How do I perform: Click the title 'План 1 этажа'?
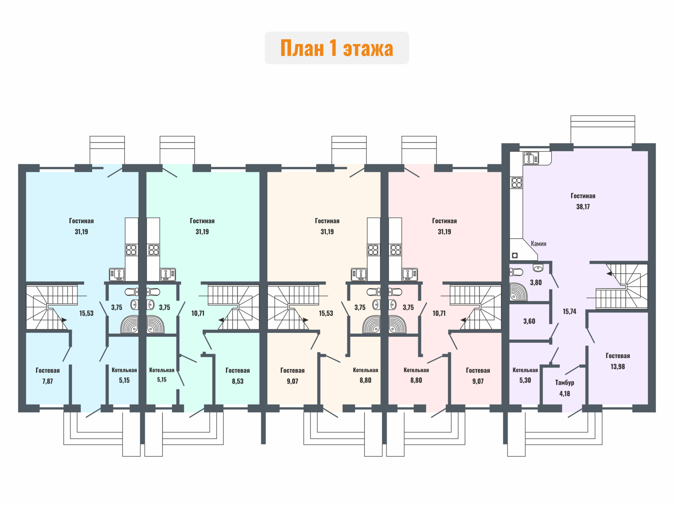pos(337,48)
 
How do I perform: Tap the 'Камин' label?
pos(538,243)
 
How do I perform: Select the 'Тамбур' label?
pos(564,383)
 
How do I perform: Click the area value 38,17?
pos(583,207)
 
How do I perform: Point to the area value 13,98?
pos(617,366)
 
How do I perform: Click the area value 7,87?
pos(48,381)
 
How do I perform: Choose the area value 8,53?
pos(238,381)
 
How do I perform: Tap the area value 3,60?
pos(529,321)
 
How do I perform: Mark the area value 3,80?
pos(536,283)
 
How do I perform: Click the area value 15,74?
pos(569,311)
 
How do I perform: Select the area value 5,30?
pos(525,380)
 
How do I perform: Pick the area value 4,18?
pos(564,394)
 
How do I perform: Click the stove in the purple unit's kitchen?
pos(517,183)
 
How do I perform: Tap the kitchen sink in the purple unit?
pos(531,158)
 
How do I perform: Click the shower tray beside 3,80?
pos(519,292)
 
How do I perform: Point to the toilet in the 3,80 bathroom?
pos(516,272)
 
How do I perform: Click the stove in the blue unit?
pos(131,250)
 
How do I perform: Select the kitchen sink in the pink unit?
pos(410,275)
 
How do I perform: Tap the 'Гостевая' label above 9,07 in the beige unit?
pos(292,370)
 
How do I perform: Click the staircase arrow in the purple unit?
pos(609,273)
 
